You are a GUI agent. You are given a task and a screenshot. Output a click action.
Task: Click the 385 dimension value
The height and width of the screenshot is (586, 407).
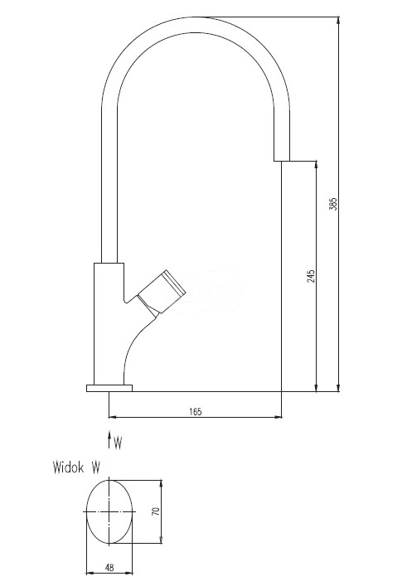tap(333, 204)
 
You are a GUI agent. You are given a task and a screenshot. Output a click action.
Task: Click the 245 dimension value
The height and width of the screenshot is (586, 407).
tap(311, 276)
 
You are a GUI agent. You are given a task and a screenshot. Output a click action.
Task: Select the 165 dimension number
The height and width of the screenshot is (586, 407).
tap(195, 412)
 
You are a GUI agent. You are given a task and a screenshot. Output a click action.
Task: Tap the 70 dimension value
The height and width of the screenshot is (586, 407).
tap(156, 511)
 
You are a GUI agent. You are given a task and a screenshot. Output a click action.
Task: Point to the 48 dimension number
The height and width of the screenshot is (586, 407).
tap(109, 568)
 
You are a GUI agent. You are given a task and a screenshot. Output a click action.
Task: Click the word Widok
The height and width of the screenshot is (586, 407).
tap(69, 467)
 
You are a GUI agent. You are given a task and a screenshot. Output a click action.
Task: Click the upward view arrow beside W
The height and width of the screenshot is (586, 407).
tap(109, 439)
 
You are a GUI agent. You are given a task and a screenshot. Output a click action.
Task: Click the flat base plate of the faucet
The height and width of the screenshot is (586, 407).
tap(109, 388)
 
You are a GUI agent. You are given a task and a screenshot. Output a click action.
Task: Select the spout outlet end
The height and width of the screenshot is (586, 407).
tap(282, 161)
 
